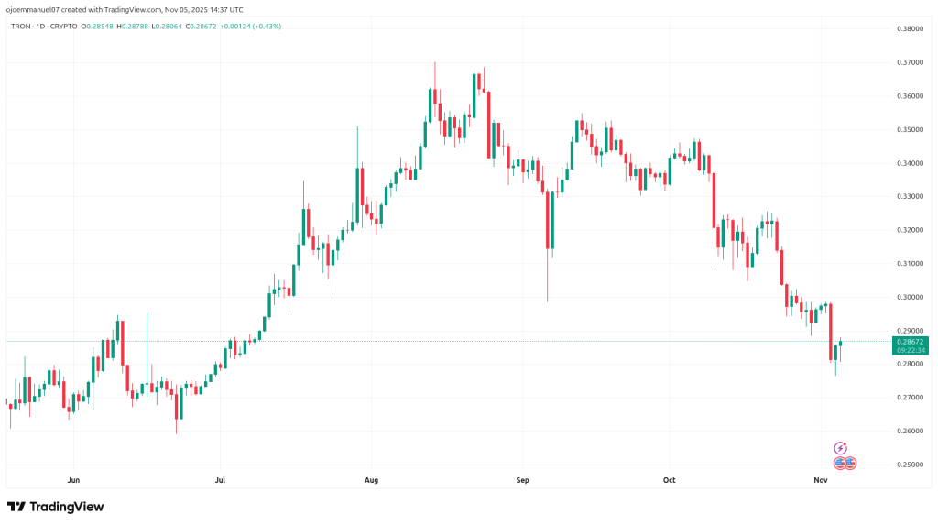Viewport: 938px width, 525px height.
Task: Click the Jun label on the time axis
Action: tap(74, 479)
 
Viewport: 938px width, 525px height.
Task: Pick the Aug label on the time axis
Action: tap(371, 479)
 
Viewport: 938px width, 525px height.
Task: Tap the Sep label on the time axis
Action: tap(522, 479)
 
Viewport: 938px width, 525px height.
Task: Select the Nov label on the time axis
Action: tap(821, 479)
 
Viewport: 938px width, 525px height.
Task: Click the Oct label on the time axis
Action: tap(669, 479)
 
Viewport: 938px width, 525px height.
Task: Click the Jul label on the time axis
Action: tap(219, 479)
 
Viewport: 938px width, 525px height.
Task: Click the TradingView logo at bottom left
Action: tap(56, 507)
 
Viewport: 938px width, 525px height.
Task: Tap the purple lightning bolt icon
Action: tap(841, 448)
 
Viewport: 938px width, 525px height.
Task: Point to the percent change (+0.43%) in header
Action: tap(266, 26)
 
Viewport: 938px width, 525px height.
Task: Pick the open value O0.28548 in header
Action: tap(97, 26)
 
